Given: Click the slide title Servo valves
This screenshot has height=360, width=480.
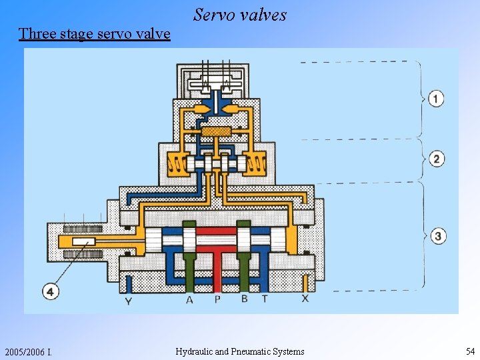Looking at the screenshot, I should (240, 15).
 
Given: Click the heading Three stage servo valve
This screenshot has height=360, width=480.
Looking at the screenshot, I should (95, 33).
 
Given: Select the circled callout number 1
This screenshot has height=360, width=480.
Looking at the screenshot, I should (436, 99).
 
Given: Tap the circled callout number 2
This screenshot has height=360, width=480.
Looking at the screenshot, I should (436, 159).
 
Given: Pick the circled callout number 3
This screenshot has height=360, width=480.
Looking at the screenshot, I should (437, 235).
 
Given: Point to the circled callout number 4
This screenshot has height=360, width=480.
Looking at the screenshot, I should (51, 291).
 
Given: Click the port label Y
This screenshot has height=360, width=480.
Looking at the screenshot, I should (128, 301).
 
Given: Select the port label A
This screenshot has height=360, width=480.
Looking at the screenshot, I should (189, 300).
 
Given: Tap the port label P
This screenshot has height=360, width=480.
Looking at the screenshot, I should (217, 300).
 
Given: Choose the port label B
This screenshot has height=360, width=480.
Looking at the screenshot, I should (244, 299).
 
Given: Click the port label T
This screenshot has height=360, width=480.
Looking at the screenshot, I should (265, 299).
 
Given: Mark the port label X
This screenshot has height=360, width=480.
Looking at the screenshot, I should (305, 299).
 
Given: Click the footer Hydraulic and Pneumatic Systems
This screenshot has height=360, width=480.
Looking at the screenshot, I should (240, 351).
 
